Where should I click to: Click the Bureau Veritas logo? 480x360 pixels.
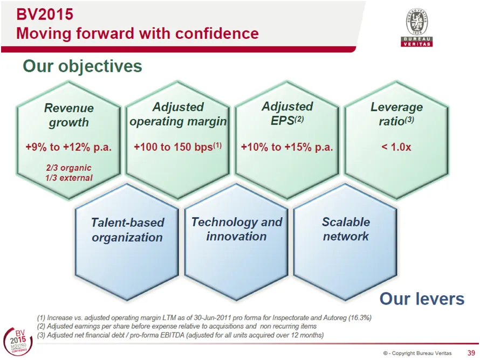417,27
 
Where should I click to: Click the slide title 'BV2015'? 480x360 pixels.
45,15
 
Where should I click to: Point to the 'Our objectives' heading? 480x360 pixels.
83,66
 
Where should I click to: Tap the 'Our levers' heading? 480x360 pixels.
422,299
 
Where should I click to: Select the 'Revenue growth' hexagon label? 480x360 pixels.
69,115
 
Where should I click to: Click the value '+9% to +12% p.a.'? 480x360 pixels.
68,147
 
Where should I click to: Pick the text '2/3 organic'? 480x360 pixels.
68,168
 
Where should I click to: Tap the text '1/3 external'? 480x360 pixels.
69,178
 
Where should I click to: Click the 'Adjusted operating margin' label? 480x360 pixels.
178,114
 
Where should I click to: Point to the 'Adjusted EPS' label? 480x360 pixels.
287,114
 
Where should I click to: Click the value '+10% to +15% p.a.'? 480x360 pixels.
287,147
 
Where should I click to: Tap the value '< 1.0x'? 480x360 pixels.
396,147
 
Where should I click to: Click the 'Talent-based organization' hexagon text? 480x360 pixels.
127,230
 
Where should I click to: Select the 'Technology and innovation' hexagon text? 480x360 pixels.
237,229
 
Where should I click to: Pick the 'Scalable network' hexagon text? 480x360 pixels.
346,229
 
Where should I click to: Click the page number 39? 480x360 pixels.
471,353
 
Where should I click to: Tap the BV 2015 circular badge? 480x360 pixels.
17,342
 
